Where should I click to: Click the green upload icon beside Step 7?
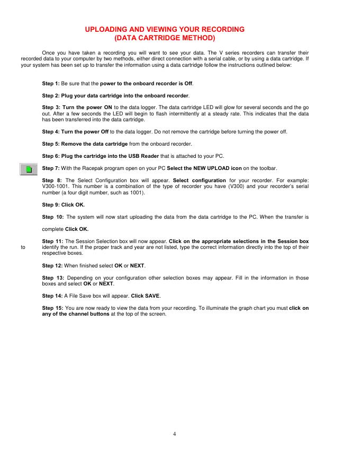[29, 169]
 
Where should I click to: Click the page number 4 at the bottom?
[174, 434]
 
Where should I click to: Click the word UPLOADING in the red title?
[110, 30]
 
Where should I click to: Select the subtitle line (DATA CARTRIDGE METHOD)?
[165, 39]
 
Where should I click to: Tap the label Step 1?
[51, 84]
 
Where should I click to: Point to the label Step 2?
[51, 95]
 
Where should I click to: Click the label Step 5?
[51, 144]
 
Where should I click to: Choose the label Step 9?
[51, 204]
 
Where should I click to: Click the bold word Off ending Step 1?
[188, 84]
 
